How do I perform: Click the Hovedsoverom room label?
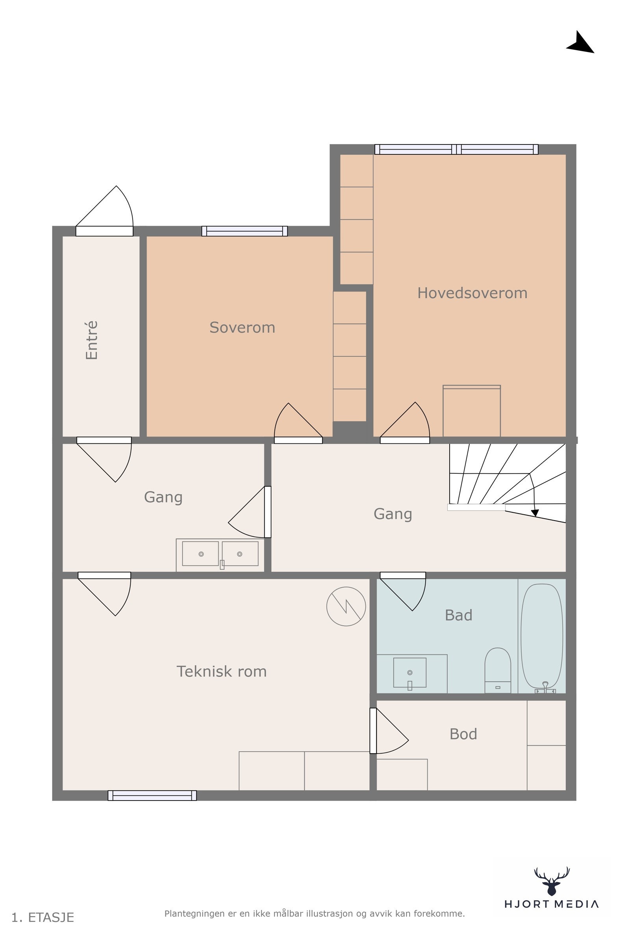click(472, 293)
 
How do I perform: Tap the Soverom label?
click(242, 328)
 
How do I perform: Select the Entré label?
click(92, 340)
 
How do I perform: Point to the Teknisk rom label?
click(221, 671)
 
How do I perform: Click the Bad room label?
click(458, 615)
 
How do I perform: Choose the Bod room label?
click(463, 734)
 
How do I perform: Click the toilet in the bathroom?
click(498, 670)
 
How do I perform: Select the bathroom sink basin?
click(410, 673)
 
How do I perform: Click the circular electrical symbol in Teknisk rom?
click(346, 606)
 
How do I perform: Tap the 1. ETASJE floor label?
click(43, 918)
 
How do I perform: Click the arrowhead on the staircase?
click(535, 513)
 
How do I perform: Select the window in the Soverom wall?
click(245, 231)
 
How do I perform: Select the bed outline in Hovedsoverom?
click(472, 411)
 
